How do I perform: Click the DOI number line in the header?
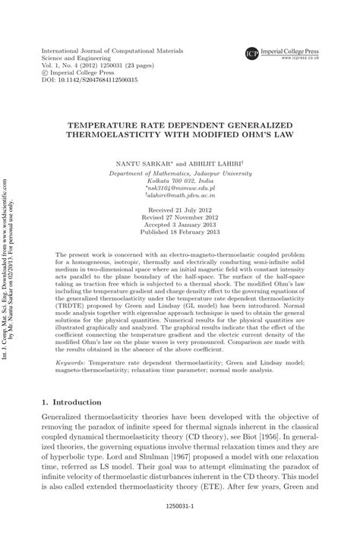click(x=89, y=79)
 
